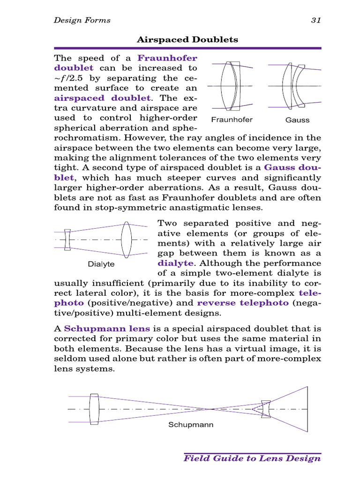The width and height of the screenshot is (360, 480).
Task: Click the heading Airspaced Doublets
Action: point(187,40)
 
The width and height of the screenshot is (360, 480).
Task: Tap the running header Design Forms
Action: point(82,20)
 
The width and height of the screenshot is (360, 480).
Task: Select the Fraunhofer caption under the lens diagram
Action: point(232,120)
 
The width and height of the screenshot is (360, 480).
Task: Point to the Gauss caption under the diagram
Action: point(297,120)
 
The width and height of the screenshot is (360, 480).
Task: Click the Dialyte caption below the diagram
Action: point(101,264)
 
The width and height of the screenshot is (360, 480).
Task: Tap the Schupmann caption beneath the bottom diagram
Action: point(191,425)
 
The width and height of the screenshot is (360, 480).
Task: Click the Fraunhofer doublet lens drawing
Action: point(232,86)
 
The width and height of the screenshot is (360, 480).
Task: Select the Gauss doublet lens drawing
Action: point(294,86)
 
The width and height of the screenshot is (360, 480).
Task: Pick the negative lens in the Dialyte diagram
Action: point(67,240)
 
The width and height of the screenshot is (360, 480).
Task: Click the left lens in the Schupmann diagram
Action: point(94,409)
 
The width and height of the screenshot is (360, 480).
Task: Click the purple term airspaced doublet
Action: point(103,97)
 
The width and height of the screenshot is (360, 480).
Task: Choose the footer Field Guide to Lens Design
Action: point(252,458)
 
